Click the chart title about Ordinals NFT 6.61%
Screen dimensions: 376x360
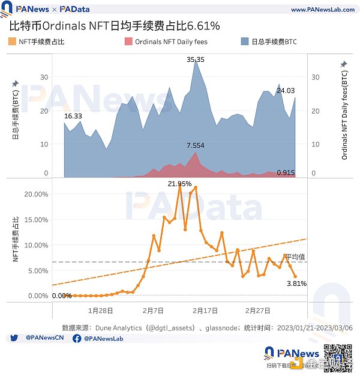click(115, 26)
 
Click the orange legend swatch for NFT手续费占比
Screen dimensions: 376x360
click(13, 41)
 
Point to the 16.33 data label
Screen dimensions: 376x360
click(73, 115)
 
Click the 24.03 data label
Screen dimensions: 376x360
click(285, 91)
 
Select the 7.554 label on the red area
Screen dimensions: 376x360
click(196, 146)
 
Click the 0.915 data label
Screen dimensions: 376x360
click(286, 173)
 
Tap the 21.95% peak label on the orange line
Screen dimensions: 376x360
click(179, 184)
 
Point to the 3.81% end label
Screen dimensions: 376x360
click(297, 284)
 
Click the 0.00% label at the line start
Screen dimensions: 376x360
click(62, 296)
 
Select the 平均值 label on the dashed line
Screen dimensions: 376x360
click(295, 256)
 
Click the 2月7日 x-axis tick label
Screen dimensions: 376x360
click(154, 311)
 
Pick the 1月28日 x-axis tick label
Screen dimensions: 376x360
click(100, 311)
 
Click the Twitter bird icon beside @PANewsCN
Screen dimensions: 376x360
click(14, 339)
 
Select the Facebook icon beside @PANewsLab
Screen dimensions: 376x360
click(77, 339)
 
